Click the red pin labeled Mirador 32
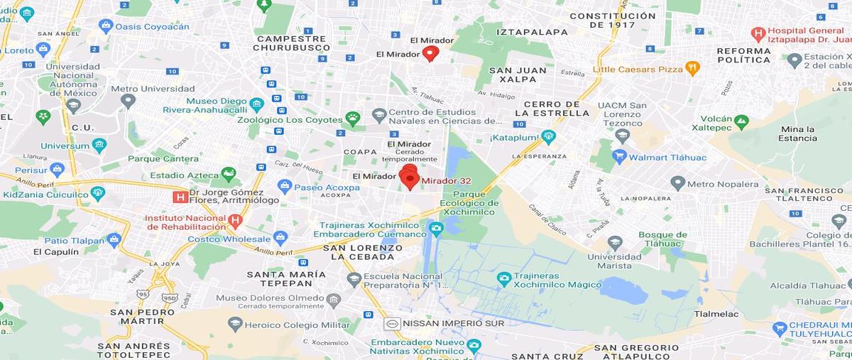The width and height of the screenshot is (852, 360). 409,176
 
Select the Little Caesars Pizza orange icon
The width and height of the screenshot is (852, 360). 693,68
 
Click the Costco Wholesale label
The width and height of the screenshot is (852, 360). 229,239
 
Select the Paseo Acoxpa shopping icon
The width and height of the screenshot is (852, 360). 285,187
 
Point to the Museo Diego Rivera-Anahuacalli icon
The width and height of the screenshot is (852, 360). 256,104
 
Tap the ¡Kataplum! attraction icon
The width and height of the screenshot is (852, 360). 547,136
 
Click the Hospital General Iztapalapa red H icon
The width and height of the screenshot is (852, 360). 758,33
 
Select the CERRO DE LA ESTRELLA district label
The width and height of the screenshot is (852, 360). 552,109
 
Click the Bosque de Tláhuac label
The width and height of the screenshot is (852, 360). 662,240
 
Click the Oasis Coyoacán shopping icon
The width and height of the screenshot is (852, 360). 106,26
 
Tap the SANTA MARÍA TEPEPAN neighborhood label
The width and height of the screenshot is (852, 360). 286,279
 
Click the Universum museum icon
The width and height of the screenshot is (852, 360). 99,146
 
